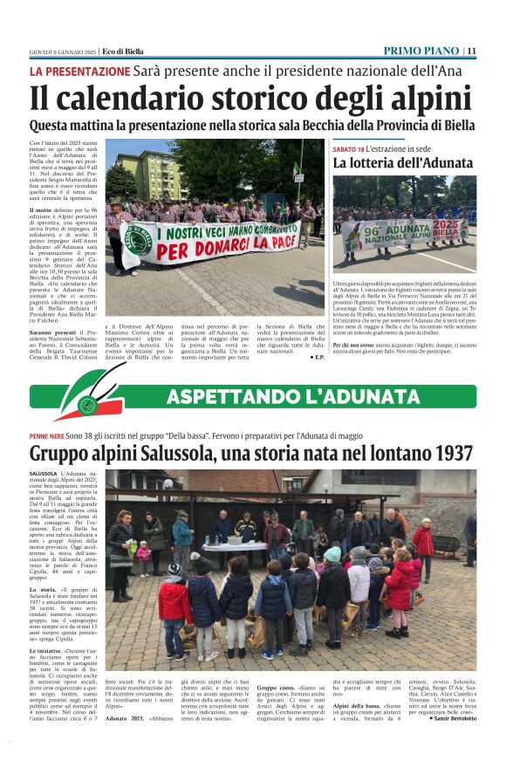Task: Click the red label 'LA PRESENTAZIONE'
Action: (79, 71)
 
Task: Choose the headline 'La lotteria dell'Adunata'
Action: (403, 163)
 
